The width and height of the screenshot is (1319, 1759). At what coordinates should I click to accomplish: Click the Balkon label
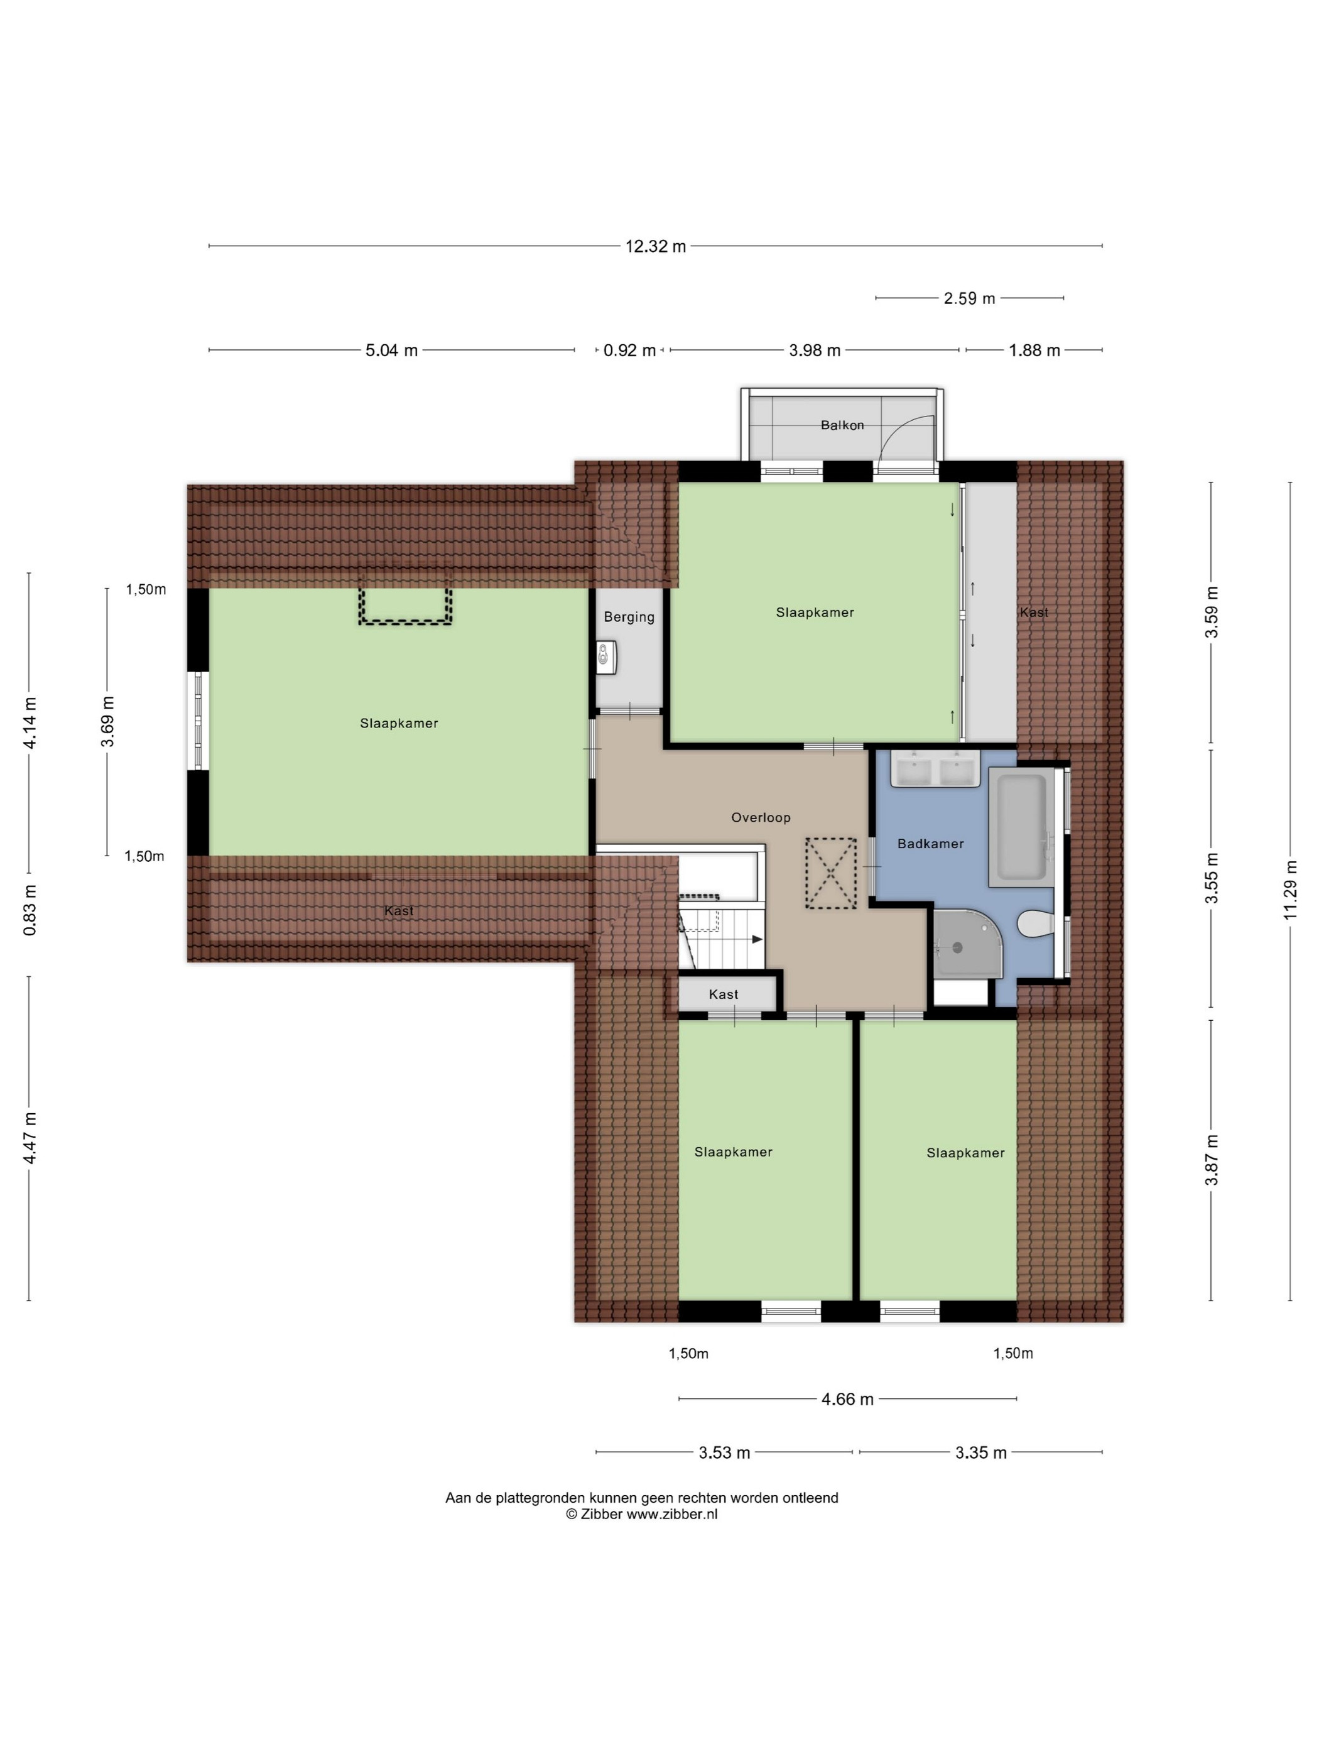(842, 425)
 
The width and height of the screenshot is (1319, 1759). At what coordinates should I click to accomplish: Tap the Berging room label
(629, 616)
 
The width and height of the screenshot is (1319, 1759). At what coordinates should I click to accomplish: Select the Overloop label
(761, 817)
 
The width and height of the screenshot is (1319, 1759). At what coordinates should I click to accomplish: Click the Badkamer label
(930, 844)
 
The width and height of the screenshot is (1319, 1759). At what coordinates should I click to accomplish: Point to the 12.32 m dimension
(655, 246)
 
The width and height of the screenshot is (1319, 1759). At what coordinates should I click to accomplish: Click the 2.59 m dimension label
(969, 298)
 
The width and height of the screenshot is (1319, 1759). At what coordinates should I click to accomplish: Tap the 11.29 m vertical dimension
(1289, 891)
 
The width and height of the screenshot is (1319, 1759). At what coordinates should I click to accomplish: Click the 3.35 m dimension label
(980, 1453)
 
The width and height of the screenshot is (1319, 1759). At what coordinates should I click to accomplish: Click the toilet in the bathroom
(1035, 924)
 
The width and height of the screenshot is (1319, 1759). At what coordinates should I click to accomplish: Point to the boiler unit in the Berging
(607, 657)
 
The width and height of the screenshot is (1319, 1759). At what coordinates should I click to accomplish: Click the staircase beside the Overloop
(720, 934)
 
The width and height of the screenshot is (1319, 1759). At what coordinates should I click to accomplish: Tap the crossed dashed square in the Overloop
(831, 873)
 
